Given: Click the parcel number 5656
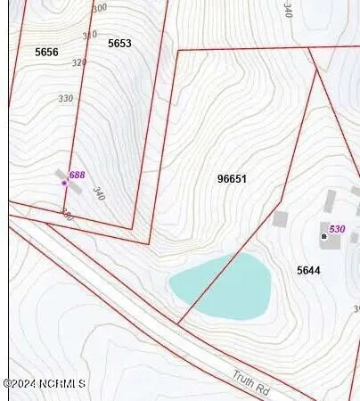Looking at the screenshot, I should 46,53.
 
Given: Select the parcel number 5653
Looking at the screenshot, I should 119,44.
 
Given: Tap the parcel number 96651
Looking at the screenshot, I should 232,179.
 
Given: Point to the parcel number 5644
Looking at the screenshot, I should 308,269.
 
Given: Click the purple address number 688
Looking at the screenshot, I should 77,176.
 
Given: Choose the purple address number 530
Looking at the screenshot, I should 337,229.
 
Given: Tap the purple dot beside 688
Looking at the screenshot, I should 64,183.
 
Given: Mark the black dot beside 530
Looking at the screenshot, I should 323,236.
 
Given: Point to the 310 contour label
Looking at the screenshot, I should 89,35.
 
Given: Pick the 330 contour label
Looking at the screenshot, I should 65,98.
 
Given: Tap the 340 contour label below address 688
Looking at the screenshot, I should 98,192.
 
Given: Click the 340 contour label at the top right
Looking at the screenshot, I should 287,10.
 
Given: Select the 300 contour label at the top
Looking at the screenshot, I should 99,7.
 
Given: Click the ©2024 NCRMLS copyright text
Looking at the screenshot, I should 45,383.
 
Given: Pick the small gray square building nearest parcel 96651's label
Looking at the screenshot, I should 280,218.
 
